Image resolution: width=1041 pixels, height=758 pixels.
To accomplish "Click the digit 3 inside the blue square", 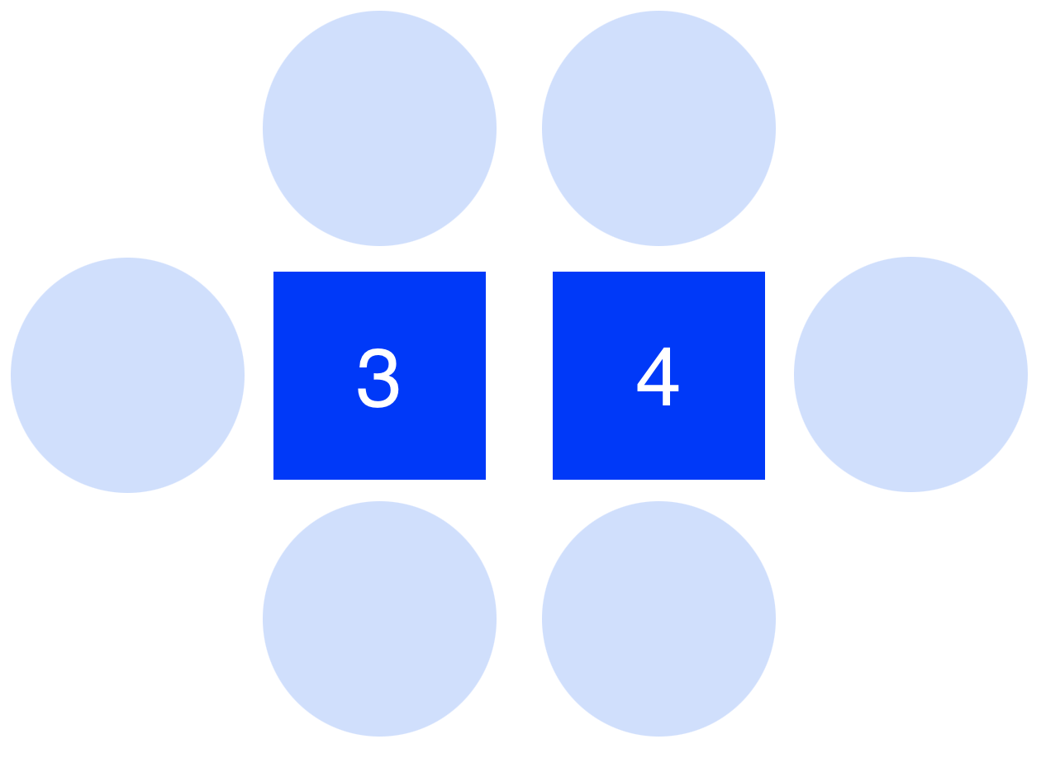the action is (378, 377).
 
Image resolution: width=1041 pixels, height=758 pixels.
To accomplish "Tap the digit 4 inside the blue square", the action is (658, 377).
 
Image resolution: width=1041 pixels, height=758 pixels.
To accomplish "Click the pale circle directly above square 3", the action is (379, 128).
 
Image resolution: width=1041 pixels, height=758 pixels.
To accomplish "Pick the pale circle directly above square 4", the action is (658, 128).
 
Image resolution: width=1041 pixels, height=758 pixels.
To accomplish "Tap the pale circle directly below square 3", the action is (379, 618).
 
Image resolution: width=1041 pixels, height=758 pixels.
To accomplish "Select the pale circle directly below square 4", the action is (658, 618).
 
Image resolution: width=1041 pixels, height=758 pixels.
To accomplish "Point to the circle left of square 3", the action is (127, 375).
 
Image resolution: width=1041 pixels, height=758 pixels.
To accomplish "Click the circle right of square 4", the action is (910, 374).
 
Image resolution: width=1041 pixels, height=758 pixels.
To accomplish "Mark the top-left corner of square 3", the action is (274, 272).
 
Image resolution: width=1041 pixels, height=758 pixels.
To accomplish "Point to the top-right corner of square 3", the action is (485, 272).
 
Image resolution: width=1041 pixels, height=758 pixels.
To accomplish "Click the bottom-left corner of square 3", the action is (274, 478).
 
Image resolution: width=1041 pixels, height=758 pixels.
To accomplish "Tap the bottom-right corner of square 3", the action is (485, 478).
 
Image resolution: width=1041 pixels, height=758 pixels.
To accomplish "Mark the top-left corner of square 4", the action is (554, 272).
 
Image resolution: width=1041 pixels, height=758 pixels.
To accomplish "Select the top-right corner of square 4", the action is (764, 272).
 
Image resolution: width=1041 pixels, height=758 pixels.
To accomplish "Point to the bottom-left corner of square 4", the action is (554, 478).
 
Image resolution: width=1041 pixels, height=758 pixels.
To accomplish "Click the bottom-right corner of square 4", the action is (764, 478).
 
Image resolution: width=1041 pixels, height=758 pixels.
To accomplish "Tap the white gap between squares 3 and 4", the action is (519, 375).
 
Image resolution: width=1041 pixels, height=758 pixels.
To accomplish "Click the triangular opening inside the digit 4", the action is (655, 376).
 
